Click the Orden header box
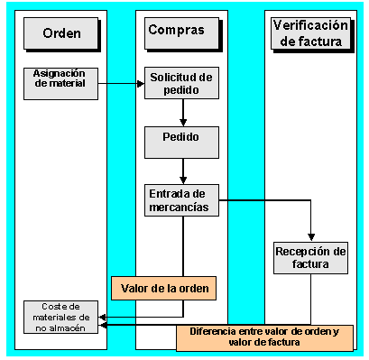tap(61, 34)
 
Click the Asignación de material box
tap(61, 81)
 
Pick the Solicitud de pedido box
tap(183, 83)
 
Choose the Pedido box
tap(183, 141)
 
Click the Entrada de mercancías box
tap(183, 199)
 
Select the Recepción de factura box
tap(310, 258)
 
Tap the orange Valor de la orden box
tap(164, 289)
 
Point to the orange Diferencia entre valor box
tap(264, 337)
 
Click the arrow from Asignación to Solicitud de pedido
tap(122, 84)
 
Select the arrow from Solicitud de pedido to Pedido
tap(183, 112)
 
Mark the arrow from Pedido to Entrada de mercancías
tap(183, 170)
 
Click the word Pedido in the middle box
tap(183, 141)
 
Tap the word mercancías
tap(183, 207)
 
